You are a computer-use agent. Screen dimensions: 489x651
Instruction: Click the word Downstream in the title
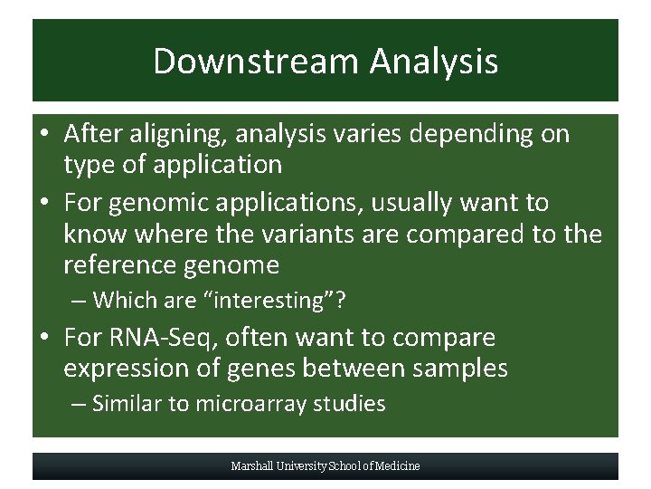pos(256,62)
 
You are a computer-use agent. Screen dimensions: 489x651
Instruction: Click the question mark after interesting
pos(341,299)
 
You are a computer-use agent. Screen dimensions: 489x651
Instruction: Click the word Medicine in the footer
pos(398,466)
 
